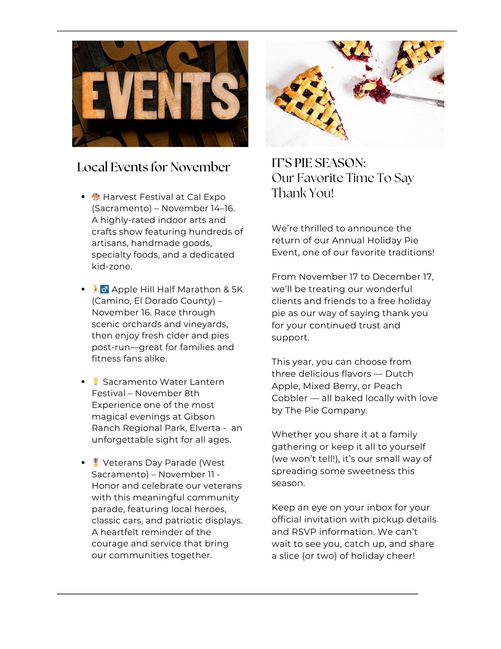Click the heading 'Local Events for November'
click(153, 167)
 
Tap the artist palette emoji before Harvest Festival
click(96, 197)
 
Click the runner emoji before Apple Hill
click(95, 289)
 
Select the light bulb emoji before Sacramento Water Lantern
click(96, 381)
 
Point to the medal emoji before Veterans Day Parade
click(96, 462)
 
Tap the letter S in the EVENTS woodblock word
click(225, 95)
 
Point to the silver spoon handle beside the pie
click(418, 99)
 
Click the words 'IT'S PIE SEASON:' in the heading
click(318, 163)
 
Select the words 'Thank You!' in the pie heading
click(303, 193)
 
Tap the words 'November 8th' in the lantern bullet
click(167, 393)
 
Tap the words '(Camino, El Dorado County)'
click(153, 301)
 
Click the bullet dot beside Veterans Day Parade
click(83, 462)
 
